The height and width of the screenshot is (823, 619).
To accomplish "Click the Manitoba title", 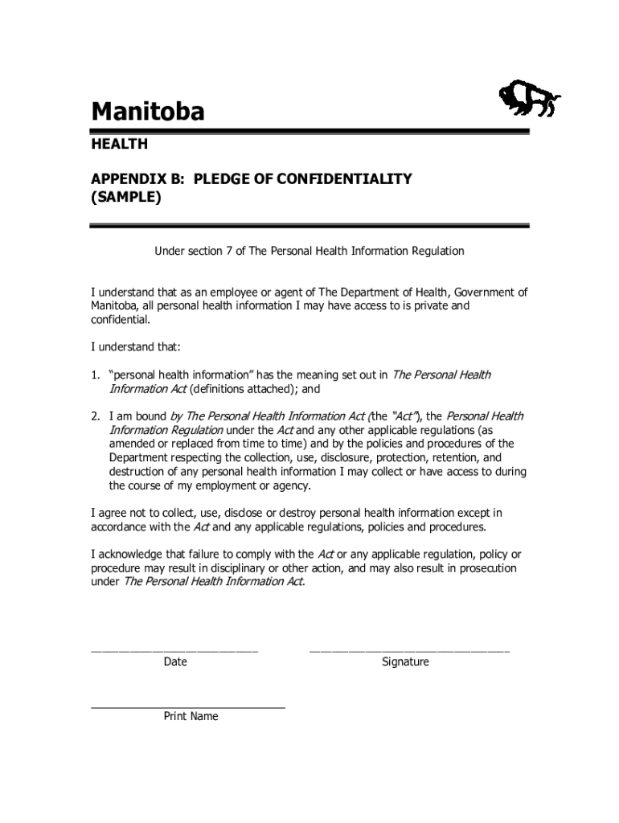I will pyautogui.click(x=147, y=111).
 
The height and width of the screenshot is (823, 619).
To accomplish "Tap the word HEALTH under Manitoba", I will pyautogui.click(x=119, y=145).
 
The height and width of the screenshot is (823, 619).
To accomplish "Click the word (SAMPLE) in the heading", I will pyautogui.click(x=126, y=197).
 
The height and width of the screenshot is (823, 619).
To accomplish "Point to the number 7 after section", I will pyautogui.click(x=231, y=251).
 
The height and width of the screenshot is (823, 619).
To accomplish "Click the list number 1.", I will pyautogui.click(x=94, y=375).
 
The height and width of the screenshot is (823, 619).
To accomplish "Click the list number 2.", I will pyautogui.click(x=94, y=416).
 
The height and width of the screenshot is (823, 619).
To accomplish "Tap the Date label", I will pyautogui.click(x=175, y=661).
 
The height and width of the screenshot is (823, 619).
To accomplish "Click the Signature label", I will pyautogui.click(x=406, y=661).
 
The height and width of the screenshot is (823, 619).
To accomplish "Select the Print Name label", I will pyautogui.click(x=191, y=716).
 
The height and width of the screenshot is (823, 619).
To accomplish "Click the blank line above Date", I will pyautogui.click(x=174, y=649).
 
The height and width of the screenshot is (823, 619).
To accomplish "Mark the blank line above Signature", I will pyautogui.click(x=409, y=649).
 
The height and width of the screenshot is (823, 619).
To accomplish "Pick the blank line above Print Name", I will pyautogui.click(x=188, y=707).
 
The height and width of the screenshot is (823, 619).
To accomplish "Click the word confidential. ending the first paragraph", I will pyautogui.click(x=121, y=319).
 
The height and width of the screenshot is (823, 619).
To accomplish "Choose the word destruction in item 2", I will pyautogui.click(x=137, y=471).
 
